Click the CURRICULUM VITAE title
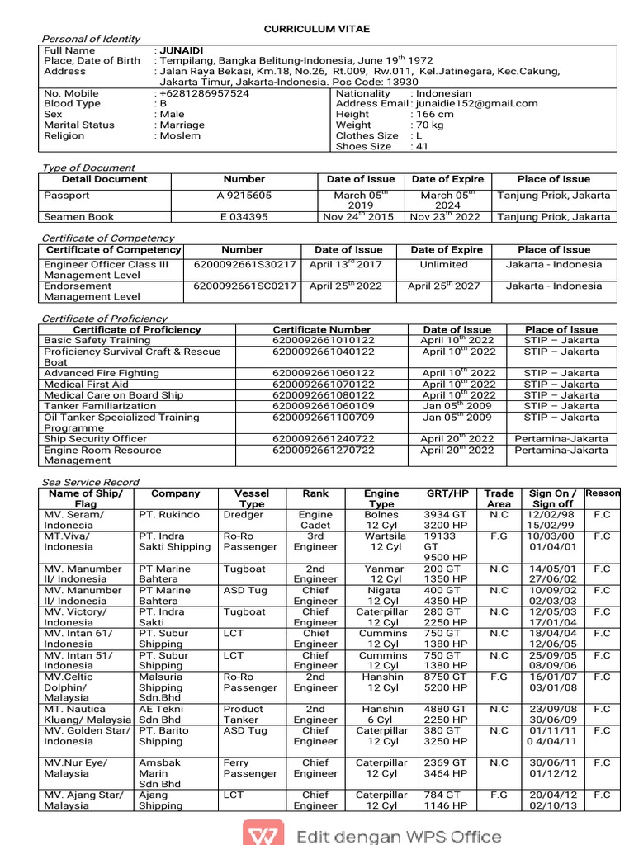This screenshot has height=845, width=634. [x=317, y=29]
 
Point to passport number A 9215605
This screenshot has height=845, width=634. [x=244, y=196]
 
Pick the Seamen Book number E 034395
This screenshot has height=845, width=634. [x=244, y=217]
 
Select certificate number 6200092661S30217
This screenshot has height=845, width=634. [x=244, y=265]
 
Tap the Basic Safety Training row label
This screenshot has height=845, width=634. [x=97, y=340]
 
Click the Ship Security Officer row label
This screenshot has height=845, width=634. [x=95, y=439]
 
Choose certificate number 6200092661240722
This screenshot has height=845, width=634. [x=324, y=439]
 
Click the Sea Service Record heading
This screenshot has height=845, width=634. [x=91, y=482]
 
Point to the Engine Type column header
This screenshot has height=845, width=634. [x=381, y=498]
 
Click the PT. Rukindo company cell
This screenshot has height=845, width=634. [x=169, y=515]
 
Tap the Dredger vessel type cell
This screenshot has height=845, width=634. [x=244, y=515]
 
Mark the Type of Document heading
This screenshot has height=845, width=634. [x=88, y=168]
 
